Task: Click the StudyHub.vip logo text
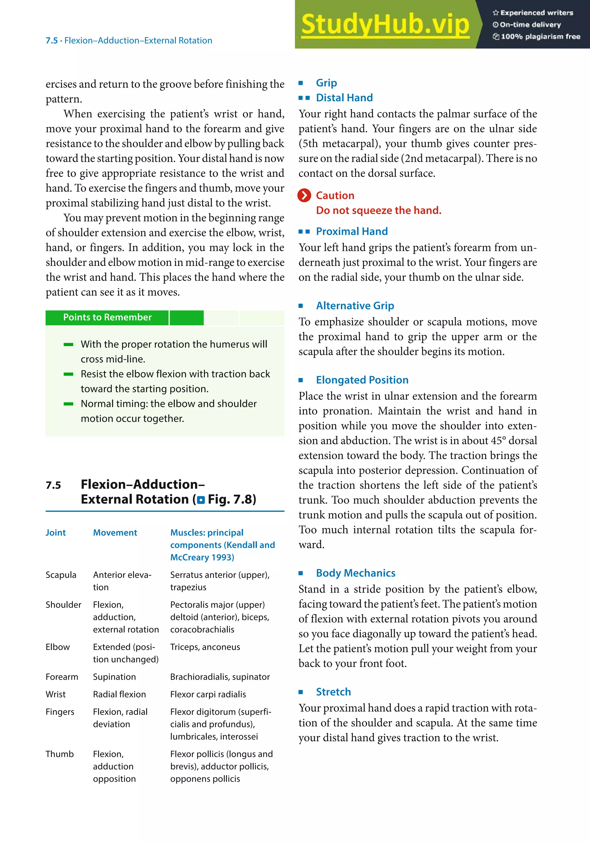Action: pos(385,24)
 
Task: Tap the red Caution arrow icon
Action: pos(304,195)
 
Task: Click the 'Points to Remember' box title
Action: pos(107,317)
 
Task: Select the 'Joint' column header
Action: pos(55,533)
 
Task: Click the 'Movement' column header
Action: pos(115,533)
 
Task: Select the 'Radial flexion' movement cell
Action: pos(119,694)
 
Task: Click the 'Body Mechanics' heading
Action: pos(355,573)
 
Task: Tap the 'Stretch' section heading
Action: pos(333,692)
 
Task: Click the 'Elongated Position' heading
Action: pos(362,380)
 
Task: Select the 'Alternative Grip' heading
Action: pos(355,305)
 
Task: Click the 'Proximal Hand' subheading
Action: pos(351,231)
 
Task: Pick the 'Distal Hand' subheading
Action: pos(344,98)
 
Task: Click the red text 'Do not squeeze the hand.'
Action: pos(378,210)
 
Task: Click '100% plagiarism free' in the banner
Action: pos(540,36)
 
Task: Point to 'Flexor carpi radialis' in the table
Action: pos(208,694)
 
